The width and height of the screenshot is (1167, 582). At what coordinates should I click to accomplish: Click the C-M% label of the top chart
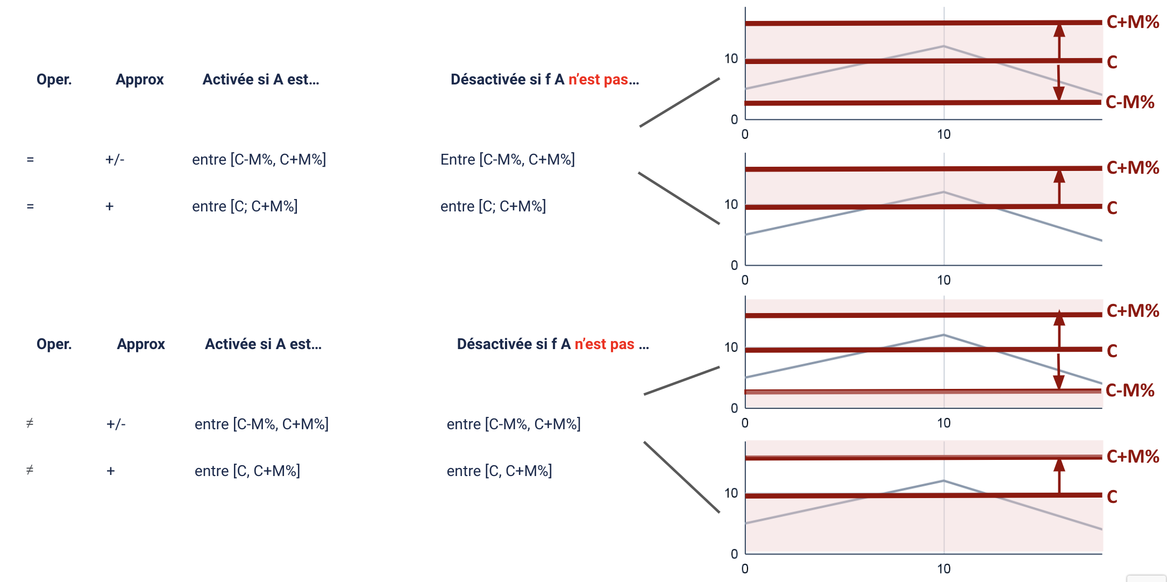pyautogui.click(x=1130, y=102)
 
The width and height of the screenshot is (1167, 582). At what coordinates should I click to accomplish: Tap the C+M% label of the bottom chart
pyautogui.click(x=1133, y=456)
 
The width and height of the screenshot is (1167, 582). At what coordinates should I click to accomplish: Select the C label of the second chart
pyautogui.click(x=1112, y=208)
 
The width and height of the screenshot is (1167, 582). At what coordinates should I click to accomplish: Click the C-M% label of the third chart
pyautogui.click(x=1130, y=390)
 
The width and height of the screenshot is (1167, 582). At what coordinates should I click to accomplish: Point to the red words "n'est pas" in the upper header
pyautogui.click(x=598, y=80)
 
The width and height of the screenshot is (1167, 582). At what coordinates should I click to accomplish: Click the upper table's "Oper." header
pyautogui.click(x=54, y=80)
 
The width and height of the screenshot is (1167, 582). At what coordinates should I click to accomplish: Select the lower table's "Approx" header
pyautogui.click(x=141, y=344)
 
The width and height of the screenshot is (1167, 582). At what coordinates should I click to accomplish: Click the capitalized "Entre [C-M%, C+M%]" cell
pyautogui.click(x=507, y=160)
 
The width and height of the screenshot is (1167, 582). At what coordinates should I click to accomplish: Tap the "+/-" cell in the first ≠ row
pyautogui.click(x=116, y=424)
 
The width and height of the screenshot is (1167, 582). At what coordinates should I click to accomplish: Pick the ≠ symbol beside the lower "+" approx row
pyautogui.click(x=30, y=471)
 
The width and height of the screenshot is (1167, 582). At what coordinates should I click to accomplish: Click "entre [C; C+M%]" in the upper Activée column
pyautogui.click(x=245, y=207)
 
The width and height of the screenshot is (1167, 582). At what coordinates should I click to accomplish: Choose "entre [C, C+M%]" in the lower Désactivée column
pyautogui.click(x=499, y=471)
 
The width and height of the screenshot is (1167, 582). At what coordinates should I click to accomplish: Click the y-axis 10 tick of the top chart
pyautogui.click(x=731, y=59)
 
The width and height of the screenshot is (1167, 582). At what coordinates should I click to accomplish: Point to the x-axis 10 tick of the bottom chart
pyautogui.click(x=943, y=569)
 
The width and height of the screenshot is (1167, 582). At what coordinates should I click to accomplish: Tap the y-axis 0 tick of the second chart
pyautogui.click(x=734, y=265)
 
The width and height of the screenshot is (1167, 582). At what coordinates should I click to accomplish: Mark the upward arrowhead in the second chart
pyautogui.click(x=1059, y=176)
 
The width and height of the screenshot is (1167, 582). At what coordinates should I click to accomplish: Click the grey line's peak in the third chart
pyautogui.click(x=943, y=335)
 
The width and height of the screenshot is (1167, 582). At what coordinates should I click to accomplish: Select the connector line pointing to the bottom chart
pyautogui.click(x=681, y=477)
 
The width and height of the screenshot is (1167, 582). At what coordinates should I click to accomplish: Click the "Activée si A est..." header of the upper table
pyautogui.click(x=261, y=80)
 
